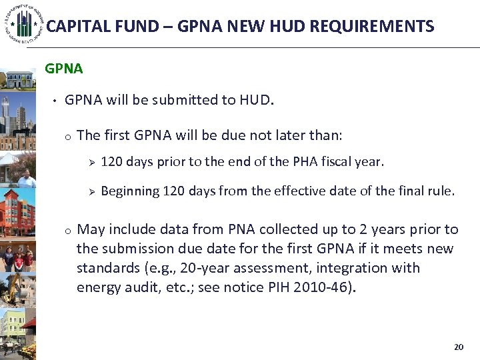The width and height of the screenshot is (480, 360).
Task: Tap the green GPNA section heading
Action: coord(63,69)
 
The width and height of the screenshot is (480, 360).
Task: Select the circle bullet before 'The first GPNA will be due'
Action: coord(68,137)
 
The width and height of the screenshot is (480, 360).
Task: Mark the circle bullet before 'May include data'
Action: coord(68,231)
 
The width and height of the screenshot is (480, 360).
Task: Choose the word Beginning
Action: coord(130,191)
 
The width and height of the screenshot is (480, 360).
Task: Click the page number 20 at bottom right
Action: coord(458,347)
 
